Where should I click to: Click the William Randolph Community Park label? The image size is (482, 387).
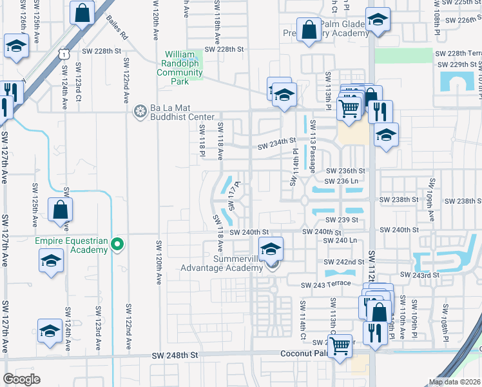click(x=184, y=64)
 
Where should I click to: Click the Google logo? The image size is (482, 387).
click(x=21, y=379)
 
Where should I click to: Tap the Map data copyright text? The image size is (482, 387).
click(x=454, y=382)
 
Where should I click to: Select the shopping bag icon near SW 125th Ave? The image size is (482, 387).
click(x=59, y=210)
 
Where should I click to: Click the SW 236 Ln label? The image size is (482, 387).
click(x=342, y=181)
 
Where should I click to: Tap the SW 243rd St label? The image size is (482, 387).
click(x=419, y=275)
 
